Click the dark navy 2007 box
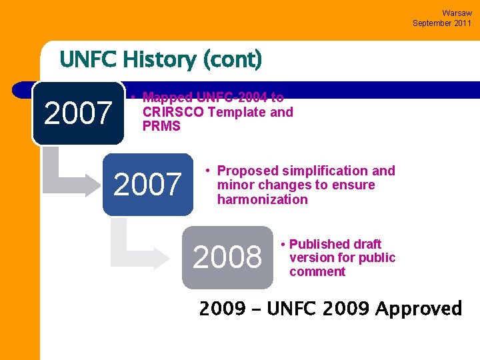pyautogui.click(x=78, y=113)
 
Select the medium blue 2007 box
pyautogui.click(x=147, y=185)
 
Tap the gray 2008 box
pyautogui.click(x=227, y=257)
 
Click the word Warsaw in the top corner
pyautogui.click(x=457, y=13)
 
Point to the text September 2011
pyautogui.click(x=442, y=23)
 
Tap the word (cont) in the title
pyautogui.click(x=233, y=60)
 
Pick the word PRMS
pyautogui.click(x=161, y=126)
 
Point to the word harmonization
pyautogui.click(x=262, y=199)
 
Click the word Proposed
pyautogui.click(x=247, y=171)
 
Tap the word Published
pyautogui.click(x=321, y=244)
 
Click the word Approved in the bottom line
pyautogui.click(x=418, y=309)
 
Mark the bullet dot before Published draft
pyautogui.click(x=283, y=245)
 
